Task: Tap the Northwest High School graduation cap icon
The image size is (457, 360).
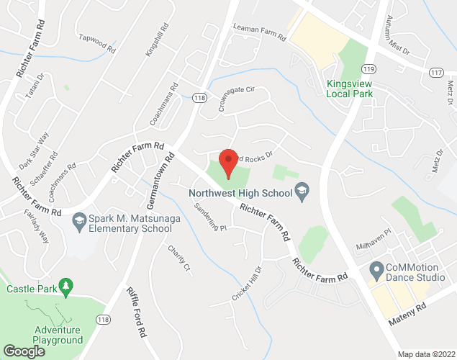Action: click(x=303, y=192)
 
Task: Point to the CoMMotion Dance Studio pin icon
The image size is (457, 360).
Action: click(x=375, y=271)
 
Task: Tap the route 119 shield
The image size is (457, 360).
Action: click(x=369, y=69)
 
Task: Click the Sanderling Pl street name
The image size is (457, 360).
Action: click(x=211, y=217)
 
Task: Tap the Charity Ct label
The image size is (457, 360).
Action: click(x=180, y=259)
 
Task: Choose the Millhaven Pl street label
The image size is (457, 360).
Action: click(x=372, y=239)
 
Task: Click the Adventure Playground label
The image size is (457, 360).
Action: click(x=57, y=335)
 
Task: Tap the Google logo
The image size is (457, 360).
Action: click(x=24, y=351)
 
